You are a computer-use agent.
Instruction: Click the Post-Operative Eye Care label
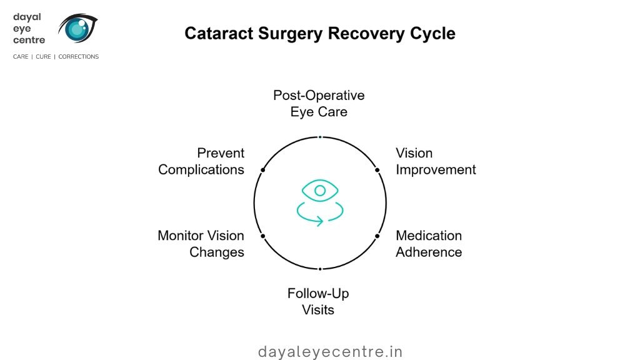coord(319,104)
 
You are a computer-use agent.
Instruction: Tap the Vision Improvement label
coord(436,161)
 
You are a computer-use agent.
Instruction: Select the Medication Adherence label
coord(429,244)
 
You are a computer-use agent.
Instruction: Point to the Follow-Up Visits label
coord(318,301)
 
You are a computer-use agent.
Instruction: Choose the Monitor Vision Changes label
coord(201,244)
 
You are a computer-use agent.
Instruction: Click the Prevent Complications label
coord(201,161)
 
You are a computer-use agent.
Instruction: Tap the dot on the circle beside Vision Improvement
coord(377,170)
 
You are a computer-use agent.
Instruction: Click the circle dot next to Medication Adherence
coord(377,236)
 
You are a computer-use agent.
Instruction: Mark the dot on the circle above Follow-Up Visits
coord(320,269)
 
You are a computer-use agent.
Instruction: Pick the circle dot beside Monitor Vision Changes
coord(263,236)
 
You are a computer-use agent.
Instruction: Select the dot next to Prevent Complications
coord(263,170)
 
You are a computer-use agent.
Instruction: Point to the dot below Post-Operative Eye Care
coord(320,137)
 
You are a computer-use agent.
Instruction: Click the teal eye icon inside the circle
coord(320,190)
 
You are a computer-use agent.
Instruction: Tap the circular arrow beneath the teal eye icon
coord(320,213)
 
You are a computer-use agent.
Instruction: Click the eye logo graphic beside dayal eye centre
coord(78,28)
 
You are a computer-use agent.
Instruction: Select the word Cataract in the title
coord(216,33)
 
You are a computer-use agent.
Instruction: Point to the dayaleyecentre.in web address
coord(331,352)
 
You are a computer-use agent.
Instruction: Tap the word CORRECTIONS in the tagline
coord(79,57)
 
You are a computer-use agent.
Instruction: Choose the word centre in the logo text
coord(29,40)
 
